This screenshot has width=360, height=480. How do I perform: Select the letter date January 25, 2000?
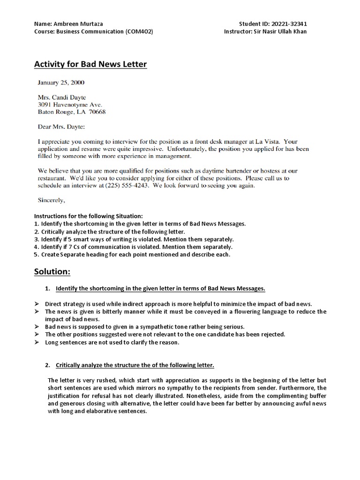61,82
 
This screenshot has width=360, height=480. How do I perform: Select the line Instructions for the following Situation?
88,216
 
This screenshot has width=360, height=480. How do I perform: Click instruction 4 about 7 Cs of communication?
133,247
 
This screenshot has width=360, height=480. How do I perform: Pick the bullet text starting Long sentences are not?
112,342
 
